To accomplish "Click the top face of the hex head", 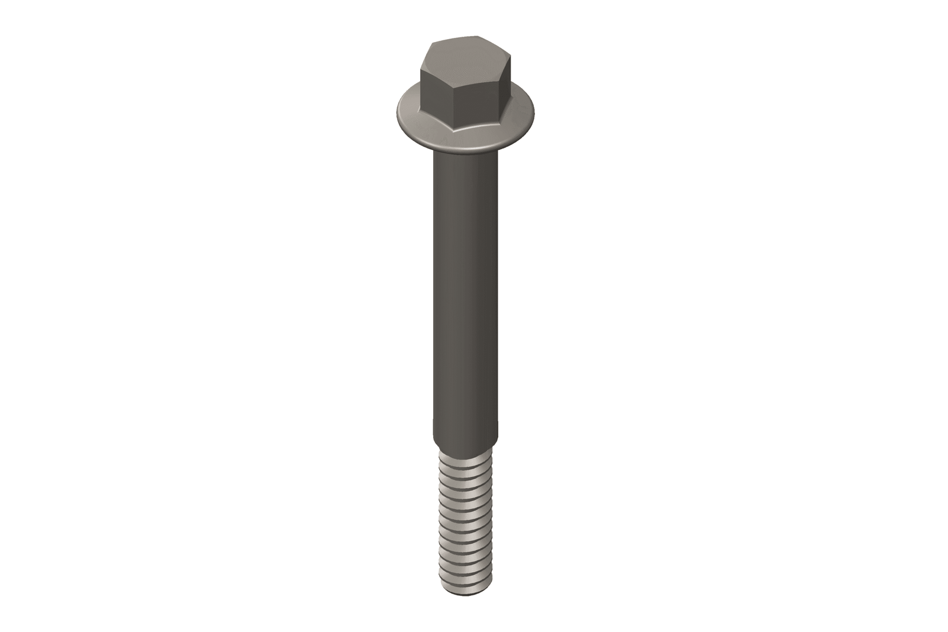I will (466, 59).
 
